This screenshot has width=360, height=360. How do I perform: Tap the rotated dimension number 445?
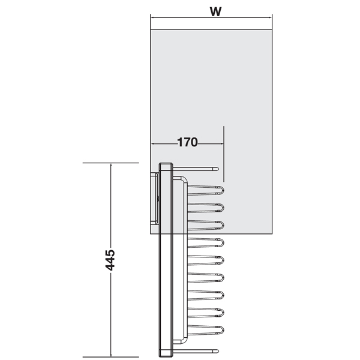[x=110, y=260]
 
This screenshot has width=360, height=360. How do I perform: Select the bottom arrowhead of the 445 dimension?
[x=110, y=353]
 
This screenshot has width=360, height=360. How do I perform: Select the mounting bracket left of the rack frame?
[x=154, y=198]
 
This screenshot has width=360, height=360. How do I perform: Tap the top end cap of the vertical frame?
[x=165, y=166]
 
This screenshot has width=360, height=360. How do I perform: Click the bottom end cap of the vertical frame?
[x=165, y=353]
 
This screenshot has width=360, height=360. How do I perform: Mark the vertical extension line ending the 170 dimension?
[x=223, y=153]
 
